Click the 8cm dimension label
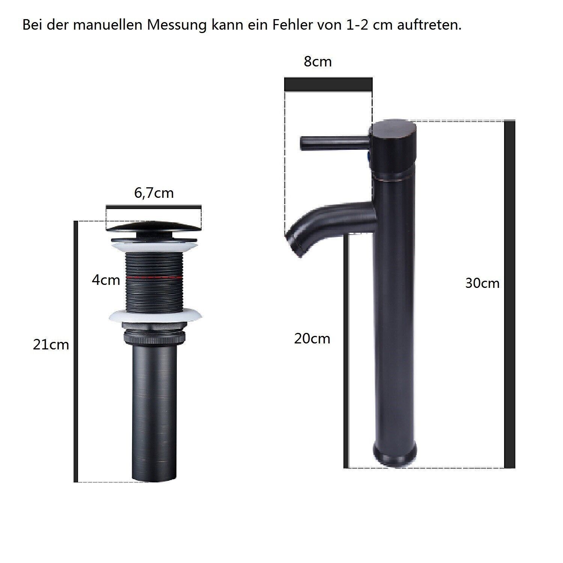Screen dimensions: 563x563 point(318,62)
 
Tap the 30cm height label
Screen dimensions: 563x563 point(482,283)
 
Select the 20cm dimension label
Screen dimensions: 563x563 point(312,339)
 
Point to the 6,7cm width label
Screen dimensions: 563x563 point(154,193)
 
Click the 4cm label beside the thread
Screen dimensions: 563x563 point(106,280)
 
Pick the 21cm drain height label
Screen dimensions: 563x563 point(51,345)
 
